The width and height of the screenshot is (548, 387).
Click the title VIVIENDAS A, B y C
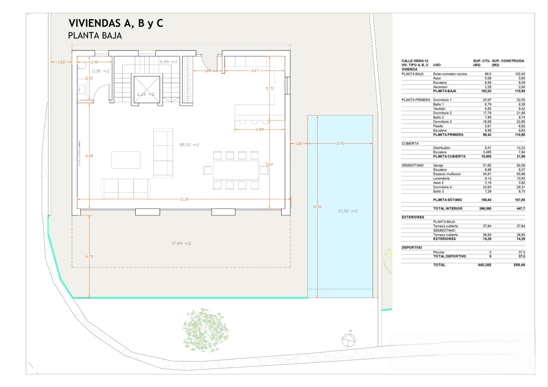[x=116, y=23]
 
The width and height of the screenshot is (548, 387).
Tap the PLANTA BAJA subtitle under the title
[x=95, y=36]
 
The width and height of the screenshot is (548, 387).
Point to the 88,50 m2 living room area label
[x=189, y=144]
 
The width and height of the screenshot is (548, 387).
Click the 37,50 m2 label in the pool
[x=348, y=211]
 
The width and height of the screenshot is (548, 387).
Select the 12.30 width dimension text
[x=184, y=199]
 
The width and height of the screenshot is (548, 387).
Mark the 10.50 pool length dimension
[x=317, y=207]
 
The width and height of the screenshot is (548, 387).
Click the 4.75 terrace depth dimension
[x=89, y=257]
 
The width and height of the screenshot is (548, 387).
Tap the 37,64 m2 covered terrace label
[x=181, y=243]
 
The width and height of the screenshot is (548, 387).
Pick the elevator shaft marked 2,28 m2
[x=147, y=89]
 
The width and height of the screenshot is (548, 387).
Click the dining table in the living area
[x=236, y=170]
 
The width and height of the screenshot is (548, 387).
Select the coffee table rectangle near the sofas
[x=126, y=160]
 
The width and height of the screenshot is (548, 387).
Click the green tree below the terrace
[x=206, y=330]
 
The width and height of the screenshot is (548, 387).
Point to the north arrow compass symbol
[x=349, y=340]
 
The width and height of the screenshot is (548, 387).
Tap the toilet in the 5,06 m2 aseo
[x=82, y=65]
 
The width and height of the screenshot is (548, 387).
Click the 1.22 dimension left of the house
[x=61, y=62]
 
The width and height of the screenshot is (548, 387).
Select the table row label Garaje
[x=438, y=165]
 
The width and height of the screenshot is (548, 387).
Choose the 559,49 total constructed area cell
[x=519, y=265]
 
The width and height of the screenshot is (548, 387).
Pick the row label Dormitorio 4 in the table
[x=442, y=187]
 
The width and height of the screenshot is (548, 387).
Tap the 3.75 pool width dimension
[x=340, y=144]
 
